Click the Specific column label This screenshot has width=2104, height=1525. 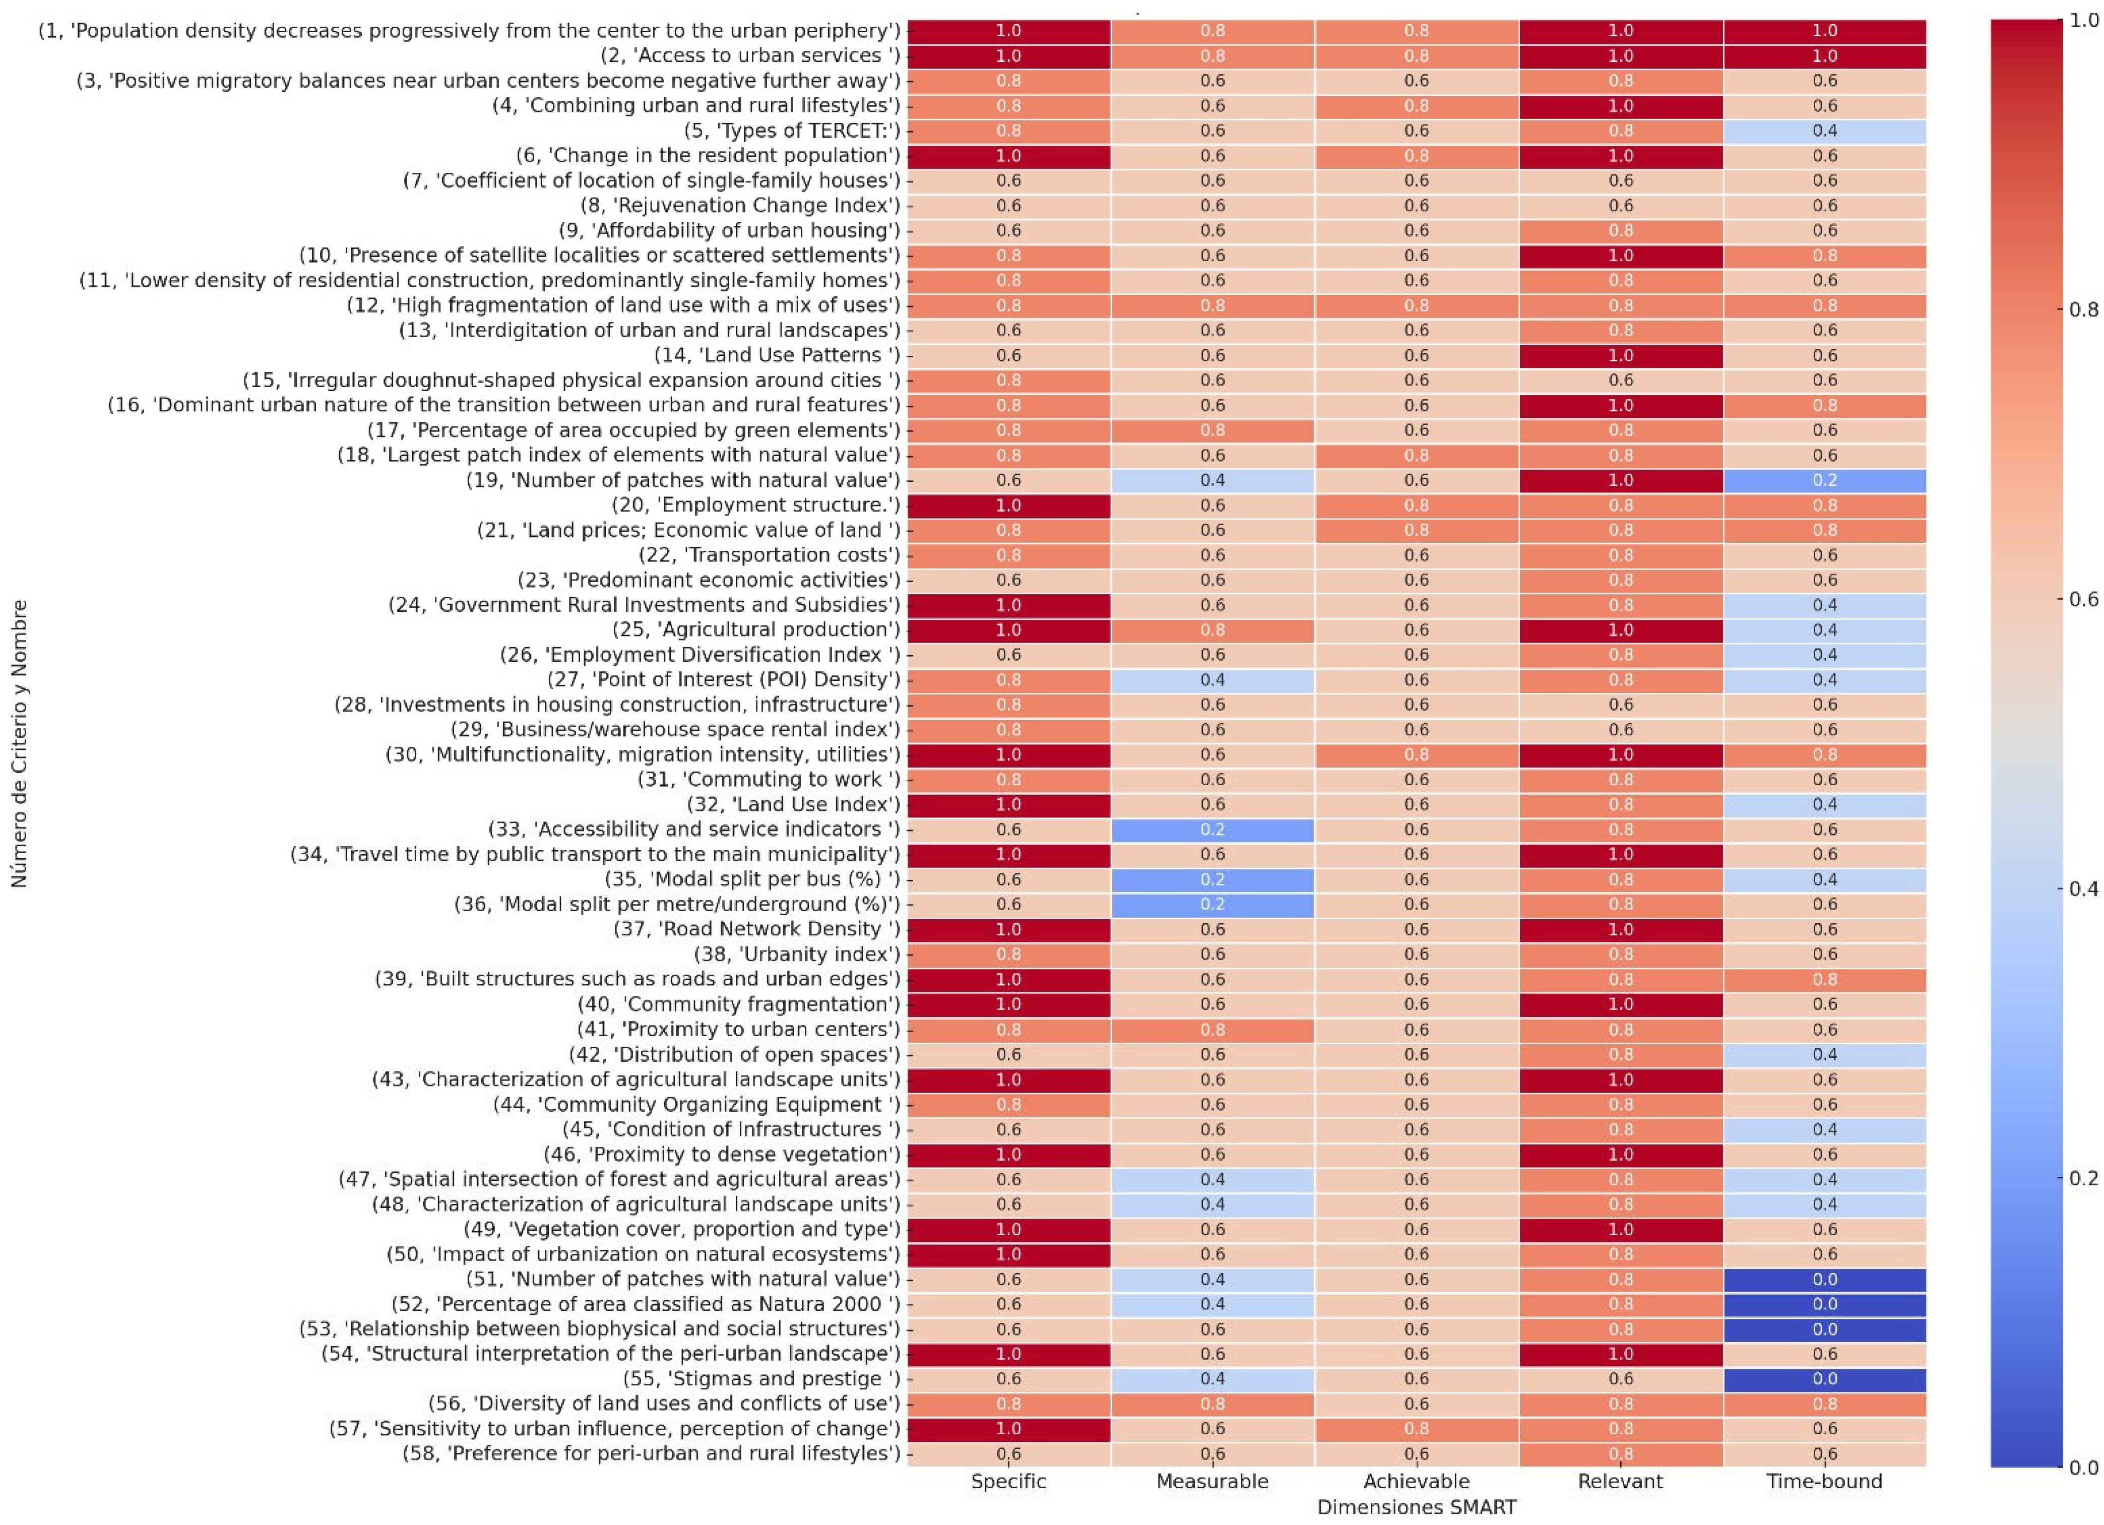pyautogui.click(x=1008, y=1481)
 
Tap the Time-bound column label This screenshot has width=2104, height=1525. pyautogui.click(x=1824, y=1481)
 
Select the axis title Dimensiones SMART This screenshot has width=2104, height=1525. pyautogui.click(x=1417, y=1506)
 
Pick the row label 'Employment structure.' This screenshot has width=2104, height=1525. pyautogui.click(x=755, y=504)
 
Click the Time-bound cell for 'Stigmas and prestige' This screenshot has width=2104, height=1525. pyautogui.click(x=1824, y=1378)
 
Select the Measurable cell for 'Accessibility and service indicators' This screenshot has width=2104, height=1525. pyautogui.click(x=1213, y=830)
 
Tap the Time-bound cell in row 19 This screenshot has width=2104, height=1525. pyautogui.click(x=1824, y=480)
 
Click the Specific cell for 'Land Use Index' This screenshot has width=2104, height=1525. pyautogui.click(x=1008, y=804)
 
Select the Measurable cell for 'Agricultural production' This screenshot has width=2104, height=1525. pyautogui.click(x=1213, y=630)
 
